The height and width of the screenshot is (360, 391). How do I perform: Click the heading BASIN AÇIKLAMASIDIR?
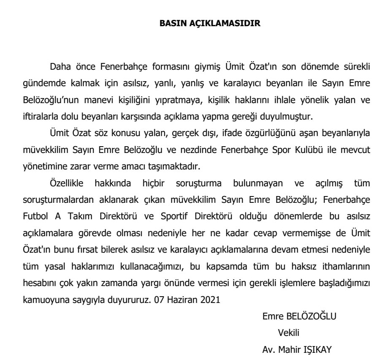pos(209,23)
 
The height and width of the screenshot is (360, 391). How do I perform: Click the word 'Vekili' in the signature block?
pos(288,333)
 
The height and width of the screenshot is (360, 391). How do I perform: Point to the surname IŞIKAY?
pos(318,349)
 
